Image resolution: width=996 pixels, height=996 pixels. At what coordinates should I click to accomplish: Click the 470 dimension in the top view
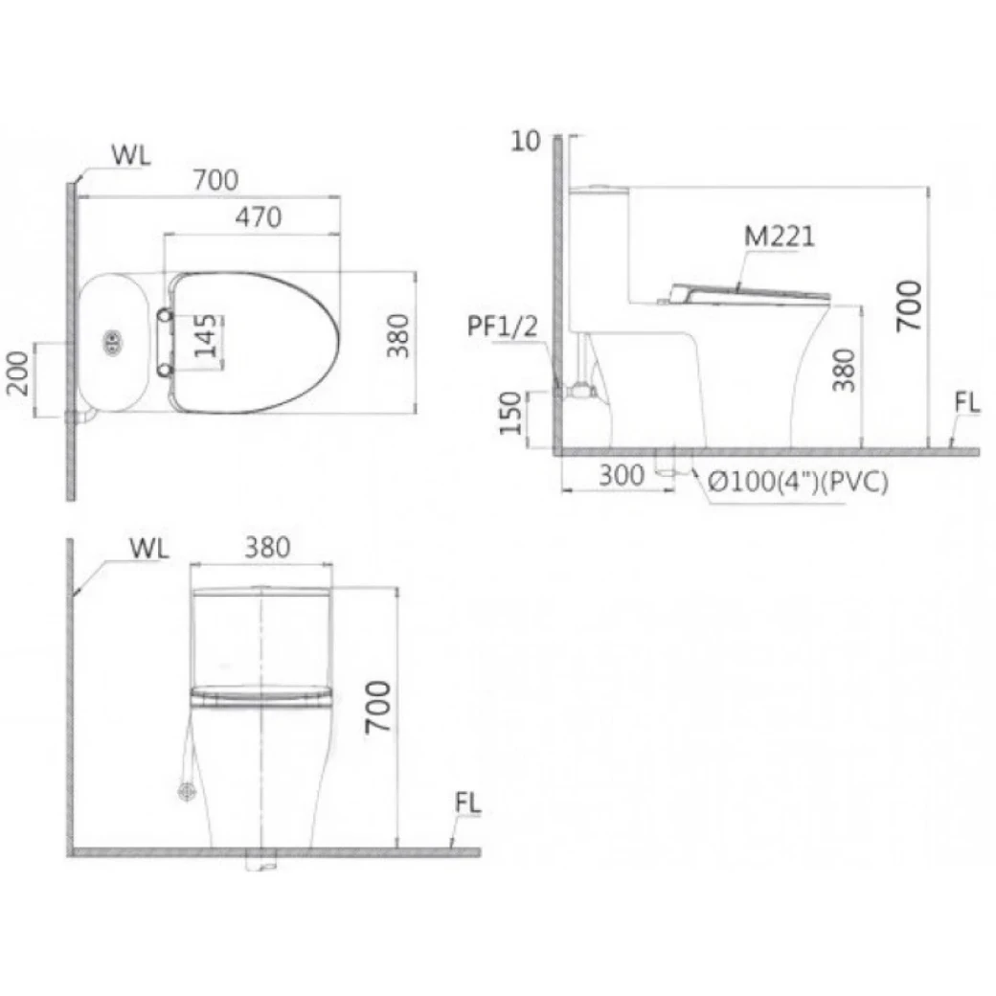pyautogui.click(x=258, y=218)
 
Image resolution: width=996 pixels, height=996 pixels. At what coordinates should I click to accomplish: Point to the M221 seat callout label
pyautogui.click(x=779, y=237)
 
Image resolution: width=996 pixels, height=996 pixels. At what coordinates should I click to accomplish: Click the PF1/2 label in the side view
pyautogui.click(x=503, y=327)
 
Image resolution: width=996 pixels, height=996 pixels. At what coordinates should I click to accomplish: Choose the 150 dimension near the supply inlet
pyautogui.click(x=510, y=413)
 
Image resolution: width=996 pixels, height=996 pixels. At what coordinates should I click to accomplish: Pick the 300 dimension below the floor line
pyautogui.click(x=622, y=475)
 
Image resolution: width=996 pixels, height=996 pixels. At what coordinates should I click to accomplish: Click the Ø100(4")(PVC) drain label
pyautogui.click(x=797, y=482)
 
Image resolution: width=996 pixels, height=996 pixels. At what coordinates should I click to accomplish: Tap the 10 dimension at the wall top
pyautogui.click(x=526, y=141)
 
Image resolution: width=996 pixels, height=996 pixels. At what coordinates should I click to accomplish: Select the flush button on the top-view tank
pyautogui.click(x=112, y=343)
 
